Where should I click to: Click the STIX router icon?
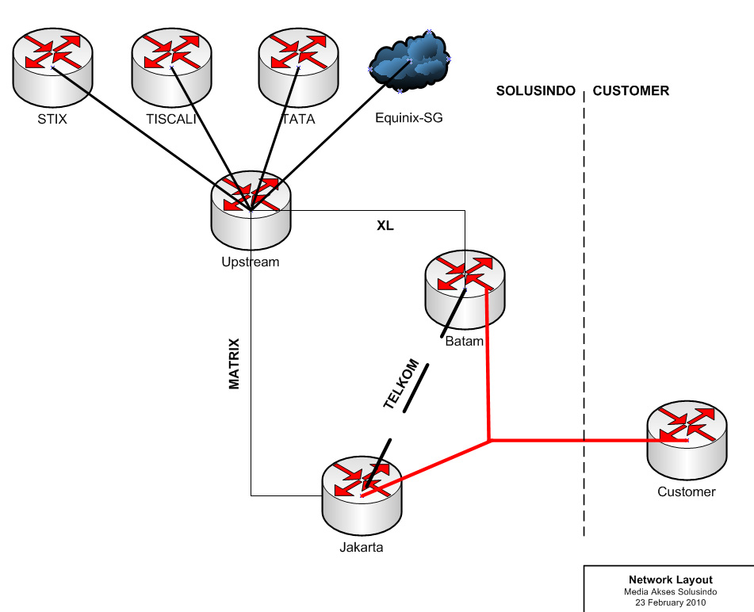point(53,67)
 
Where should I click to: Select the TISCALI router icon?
point(171,67)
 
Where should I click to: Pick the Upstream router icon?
point(251,208)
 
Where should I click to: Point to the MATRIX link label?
point(235,364)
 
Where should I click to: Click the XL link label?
point(385,226)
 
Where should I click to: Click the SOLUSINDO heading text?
point(535,91)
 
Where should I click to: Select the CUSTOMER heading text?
point(631,91)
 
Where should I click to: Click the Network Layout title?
point(671,579)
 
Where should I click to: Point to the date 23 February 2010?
point(671,602)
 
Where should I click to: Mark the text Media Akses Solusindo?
point(671,591)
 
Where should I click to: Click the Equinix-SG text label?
point(409,119)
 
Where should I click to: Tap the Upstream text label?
point(251,262)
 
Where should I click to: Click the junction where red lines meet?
point(491,439)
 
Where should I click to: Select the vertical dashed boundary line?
point(584,317)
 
